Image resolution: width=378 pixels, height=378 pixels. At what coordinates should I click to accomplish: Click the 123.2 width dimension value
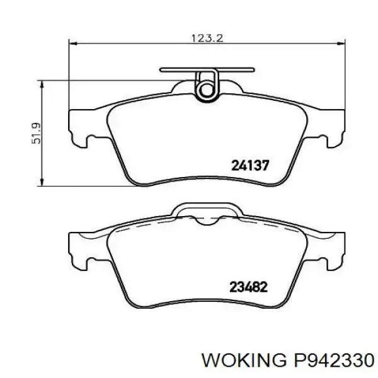[x=207, y=38]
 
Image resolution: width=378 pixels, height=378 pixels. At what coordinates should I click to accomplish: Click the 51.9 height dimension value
[x=36, y=134]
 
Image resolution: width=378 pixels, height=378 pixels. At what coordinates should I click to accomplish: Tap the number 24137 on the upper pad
[x=249, y=165]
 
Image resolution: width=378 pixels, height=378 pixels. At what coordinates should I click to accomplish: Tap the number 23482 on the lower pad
[x=249, y=287]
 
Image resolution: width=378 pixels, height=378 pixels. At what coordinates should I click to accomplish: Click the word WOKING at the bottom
[x=243, y=360]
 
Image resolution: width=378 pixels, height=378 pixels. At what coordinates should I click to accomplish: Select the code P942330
[x=333, y=360]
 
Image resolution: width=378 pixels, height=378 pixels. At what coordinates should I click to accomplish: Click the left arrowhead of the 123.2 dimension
[x=73, y=43]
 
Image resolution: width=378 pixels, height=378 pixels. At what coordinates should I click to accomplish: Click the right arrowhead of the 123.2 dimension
[x=341, y=43]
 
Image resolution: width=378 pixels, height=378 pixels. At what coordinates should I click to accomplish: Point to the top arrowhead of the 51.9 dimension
[x=42, y=84]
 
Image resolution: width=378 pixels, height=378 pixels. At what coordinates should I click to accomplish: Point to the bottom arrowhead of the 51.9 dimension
[x=42, y=182]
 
